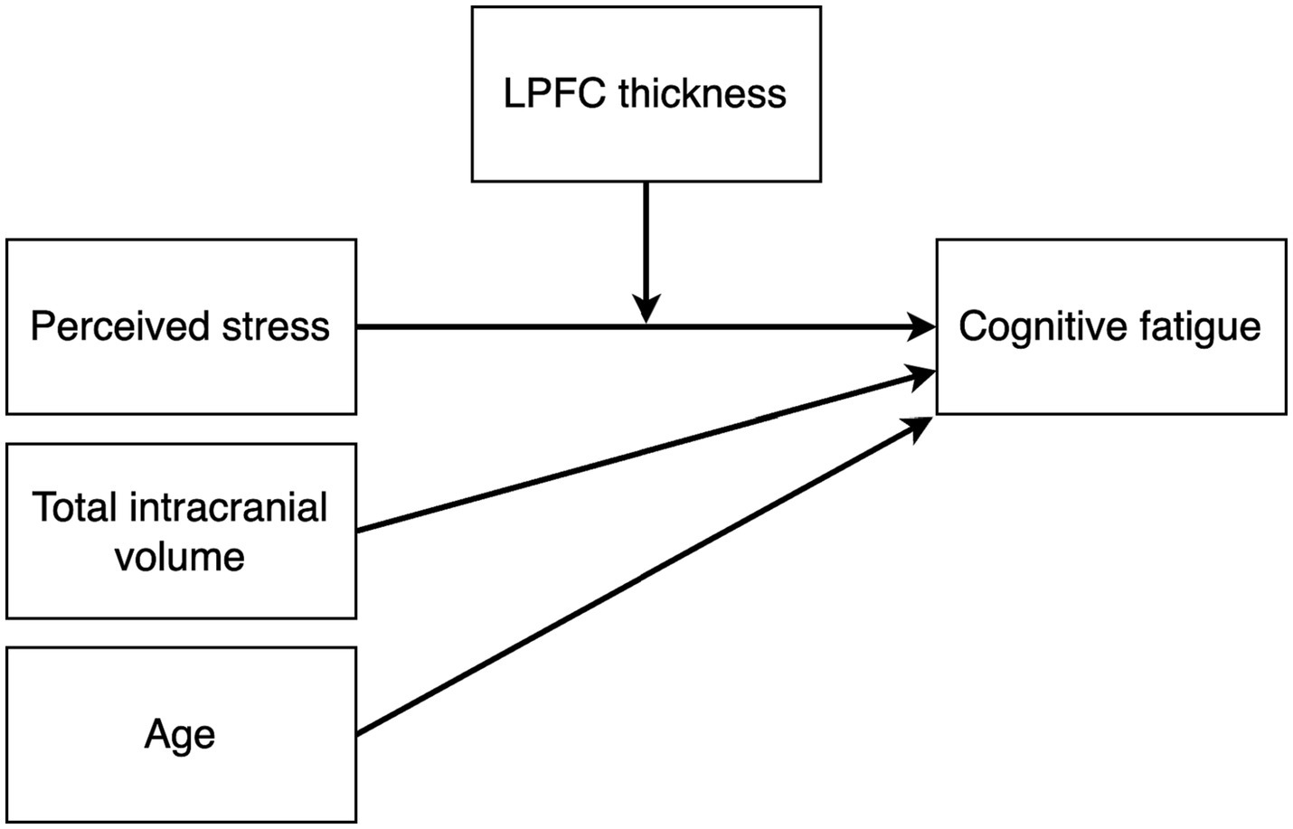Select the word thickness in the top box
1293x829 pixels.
[x=703, y=94]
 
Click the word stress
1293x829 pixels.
[x=276, y=326]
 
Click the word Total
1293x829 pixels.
[x=75, y=507]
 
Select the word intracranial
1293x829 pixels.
[x=228, y=507]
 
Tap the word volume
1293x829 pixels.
[x=180, y=557]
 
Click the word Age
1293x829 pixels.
[x=180, y=735]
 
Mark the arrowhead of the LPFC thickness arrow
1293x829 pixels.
[x=646, y=310]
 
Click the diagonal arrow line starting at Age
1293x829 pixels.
[x=633, y=579]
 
